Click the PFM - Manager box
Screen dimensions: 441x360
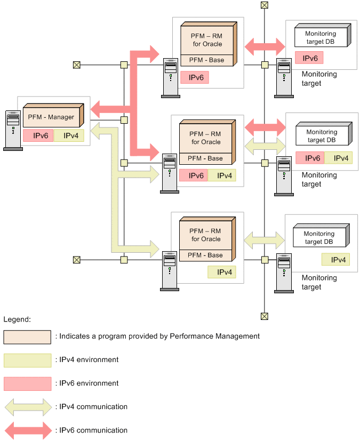coord(51,117)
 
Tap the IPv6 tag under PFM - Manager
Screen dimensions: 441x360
coord(38,135)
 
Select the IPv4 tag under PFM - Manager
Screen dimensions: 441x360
coord(68,135)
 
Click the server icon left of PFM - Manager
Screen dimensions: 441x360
coord(13,130)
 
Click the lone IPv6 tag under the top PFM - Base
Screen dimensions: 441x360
coord(194,77)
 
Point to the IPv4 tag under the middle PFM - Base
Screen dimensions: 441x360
coord(221,175)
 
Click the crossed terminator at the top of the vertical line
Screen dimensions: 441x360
coord(264,5)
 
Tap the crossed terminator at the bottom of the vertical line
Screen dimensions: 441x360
coord(264,316)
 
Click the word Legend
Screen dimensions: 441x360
coord(17,319)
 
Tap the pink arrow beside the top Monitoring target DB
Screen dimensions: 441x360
coord(265,45)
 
